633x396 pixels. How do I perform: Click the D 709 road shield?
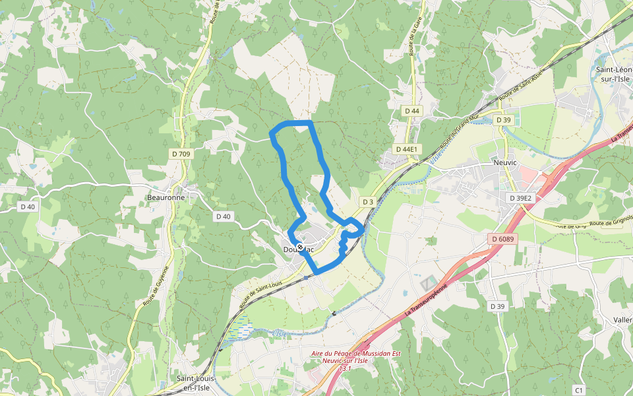pyautogui.click(x=181, y=154)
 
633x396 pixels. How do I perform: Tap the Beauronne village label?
pyautogui.click(x=166, y=197)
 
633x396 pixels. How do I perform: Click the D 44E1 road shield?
pyautogui.click(x=407, y=149)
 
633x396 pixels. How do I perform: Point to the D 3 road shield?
pyautogui.click(x=368, y=201)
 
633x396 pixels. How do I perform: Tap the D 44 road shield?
pyautogui.click(x=412, y=111)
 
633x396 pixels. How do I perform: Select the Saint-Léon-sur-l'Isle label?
pyautogui.click(x=614, y=74)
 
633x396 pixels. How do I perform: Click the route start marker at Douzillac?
pyautogui.click(x=300, y=247)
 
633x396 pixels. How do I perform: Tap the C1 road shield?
pyautogui.click(x=579, y=389)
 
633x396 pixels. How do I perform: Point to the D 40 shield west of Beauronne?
pyautogui.click(x=28, y=207)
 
